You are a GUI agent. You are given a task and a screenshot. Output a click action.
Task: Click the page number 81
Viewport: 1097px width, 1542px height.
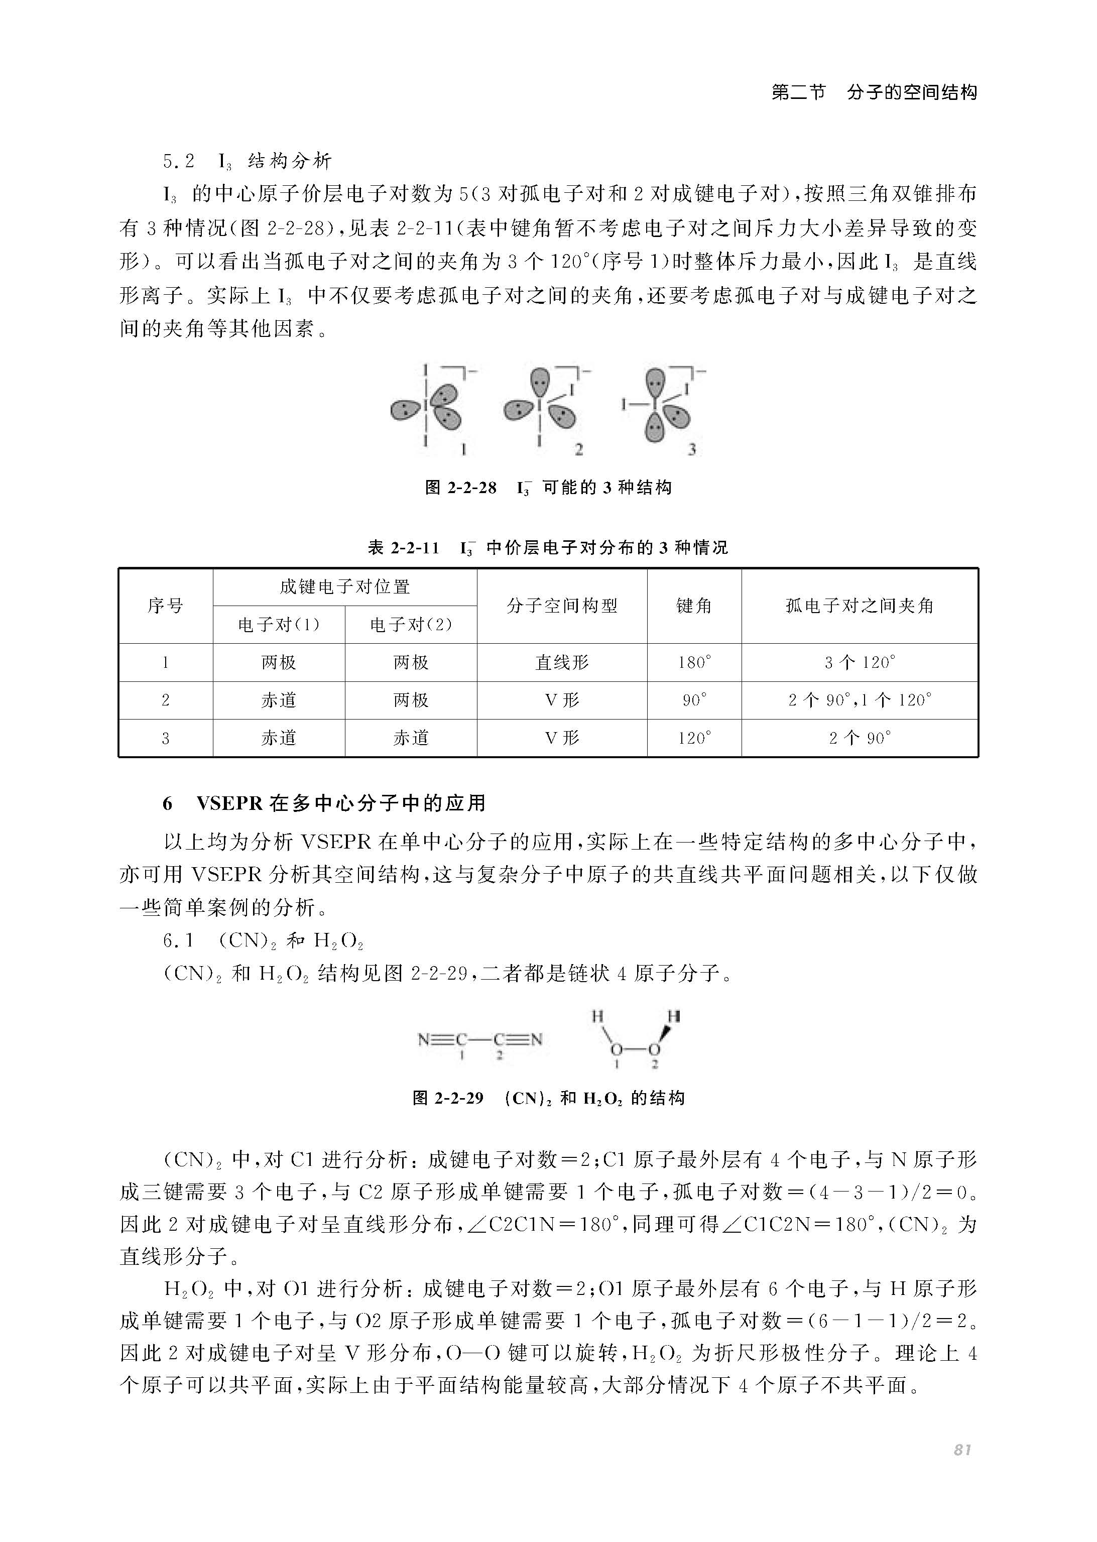point(962,1450)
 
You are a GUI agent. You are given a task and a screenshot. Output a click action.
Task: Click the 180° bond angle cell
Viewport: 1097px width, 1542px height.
point(694,663)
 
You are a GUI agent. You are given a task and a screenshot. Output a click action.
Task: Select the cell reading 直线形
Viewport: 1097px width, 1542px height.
point(562,663)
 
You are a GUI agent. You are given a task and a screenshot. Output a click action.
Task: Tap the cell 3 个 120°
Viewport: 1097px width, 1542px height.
point(859,663)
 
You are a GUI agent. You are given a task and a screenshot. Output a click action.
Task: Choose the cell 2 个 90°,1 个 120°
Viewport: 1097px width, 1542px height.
point(859,700)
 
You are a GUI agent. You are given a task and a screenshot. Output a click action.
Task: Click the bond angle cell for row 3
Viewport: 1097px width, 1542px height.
point(694,738)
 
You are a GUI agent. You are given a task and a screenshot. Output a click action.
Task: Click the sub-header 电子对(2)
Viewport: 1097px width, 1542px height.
point(411,625)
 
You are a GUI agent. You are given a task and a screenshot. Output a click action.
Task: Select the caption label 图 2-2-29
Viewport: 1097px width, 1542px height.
point(448,1098)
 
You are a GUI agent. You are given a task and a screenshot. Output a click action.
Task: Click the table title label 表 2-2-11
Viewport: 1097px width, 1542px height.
point(403,547)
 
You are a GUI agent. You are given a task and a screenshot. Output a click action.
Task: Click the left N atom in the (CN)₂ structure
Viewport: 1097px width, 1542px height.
point(424,1039)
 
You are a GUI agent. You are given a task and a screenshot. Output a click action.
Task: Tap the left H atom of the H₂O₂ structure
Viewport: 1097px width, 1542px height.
point(597,1016)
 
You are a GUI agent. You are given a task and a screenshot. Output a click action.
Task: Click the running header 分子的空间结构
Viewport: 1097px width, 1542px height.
point(912,92)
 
